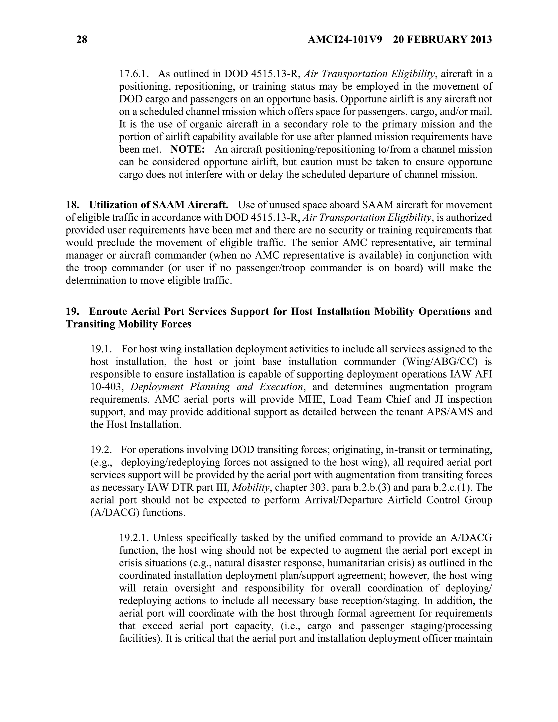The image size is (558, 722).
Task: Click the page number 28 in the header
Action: tap(82, 40)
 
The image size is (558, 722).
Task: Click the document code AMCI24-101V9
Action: tap(345, 40)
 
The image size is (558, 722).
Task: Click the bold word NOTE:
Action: tap(187, 149)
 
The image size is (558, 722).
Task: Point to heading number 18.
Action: tap(72, 205)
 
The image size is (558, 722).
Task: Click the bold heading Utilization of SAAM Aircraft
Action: tap(159, 205)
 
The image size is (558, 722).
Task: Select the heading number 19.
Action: tap(72, 311)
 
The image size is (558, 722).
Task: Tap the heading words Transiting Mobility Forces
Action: tap(128, 324)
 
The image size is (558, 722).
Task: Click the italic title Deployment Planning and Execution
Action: tap(217, 387)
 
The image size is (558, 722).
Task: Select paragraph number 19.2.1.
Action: tap(135, 538)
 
